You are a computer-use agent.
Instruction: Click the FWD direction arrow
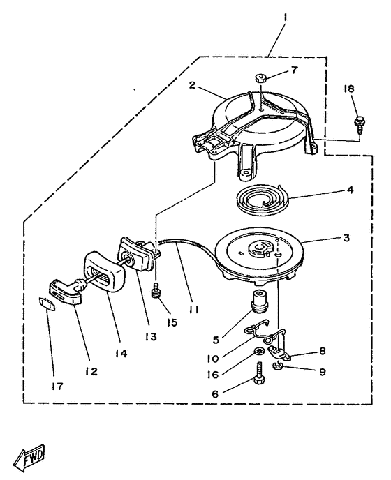(30, 458)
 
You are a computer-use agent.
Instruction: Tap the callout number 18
(349, 89)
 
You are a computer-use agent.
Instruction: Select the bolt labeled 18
(358, 123)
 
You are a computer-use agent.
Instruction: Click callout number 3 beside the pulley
(346, 238)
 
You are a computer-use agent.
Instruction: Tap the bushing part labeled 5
(259, 300)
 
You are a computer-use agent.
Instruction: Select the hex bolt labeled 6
(258, 373)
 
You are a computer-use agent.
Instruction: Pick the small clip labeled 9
(278, 365)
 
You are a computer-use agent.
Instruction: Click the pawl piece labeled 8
(281, 354)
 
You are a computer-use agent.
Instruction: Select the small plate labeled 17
(47, 303)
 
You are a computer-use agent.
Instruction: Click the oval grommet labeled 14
(104, 273)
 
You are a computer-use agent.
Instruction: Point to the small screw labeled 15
(156, 290)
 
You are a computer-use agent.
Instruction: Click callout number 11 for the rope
(193, 310)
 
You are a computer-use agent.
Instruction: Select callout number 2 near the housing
(192, 85)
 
